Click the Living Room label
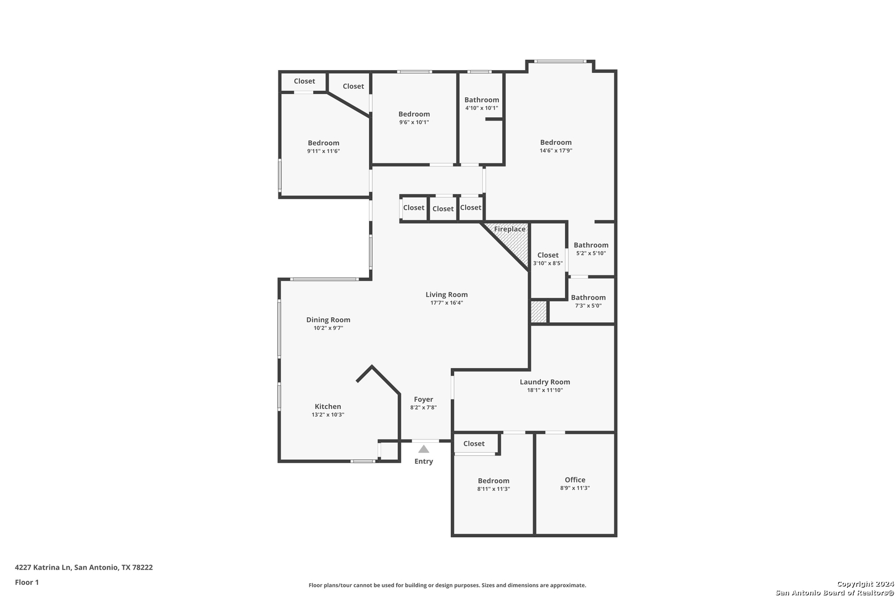tap(446, 295)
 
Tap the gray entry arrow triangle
tap(424, 449)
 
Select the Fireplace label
tap(509, 229)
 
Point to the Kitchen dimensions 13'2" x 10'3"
tap(328, 415)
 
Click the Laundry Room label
tap(545, 382)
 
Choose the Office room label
tap(575, 480)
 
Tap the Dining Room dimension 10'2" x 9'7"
tap(328, 328)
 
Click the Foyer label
tap(424, 400)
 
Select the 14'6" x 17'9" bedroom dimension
tap(556, 151)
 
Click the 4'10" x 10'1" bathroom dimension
tap(481, 108)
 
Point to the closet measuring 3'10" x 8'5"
tap(548, 259)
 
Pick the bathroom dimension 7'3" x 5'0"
tap(588, 306)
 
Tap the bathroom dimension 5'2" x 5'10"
tap(591, 253)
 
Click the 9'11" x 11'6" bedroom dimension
tap(323, 151)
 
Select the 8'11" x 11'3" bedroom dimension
tap(493, 489)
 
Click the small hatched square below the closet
tap(539, 312)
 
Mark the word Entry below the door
tap(424, 462)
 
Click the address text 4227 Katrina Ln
tap(43, 567)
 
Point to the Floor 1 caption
tap(27, 583)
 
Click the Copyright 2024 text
tap(865, 584)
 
